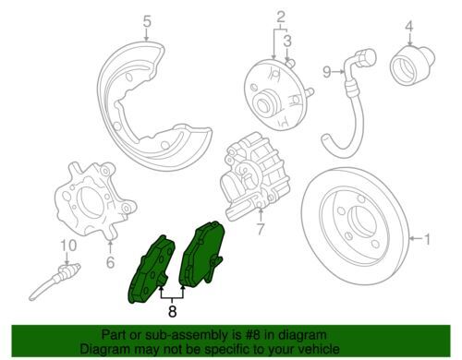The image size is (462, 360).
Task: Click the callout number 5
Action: [x=147, y=22]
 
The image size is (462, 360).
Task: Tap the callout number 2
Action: [x=281, y=18]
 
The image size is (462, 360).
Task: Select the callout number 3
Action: [x=287, y=41]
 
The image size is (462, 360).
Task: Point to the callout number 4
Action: [x=409, y=27]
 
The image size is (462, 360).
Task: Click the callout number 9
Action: [x=327, y=72]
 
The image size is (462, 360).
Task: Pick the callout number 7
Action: [x=261, y=229]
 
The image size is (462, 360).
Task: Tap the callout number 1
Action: [x=427, y=239]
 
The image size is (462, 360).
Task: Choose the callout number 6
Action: [x=110, y=262]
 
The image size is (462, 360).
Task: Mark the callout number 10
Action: [x=68, y=246]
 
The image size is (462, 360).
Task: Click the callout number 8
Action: [x=172, y=311]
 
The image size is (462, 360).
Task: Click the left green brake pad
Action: [x=151, y=270]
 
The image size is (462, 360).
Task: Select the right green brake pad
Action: [x=202, y=254]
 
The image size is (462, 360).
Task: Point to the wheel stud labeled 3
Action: [x=290, y=63]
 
